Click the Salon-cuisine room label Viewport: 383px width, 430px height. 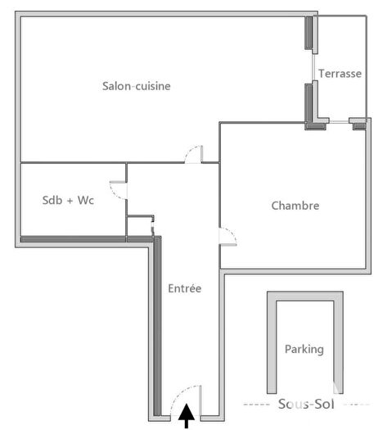click(x=136, y=86)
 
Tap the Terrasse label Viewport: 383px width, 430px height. click(x=340, y=73)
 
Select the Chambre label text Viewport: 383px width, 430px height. click(x=295, y=206)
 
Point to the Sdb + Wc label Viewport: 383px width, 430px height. click(x=68, y=201)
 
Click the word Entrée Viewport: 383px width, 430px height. click(x=184, y=288)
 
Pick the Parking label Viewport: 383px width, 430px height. click(x=304, y=349)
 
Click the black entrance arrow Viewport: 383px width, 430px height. click(x=187, y=416)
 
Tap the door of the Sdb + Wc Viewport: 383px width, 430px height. click(x=119, y=189)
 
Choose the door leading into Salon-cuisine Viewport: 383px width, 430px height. click(x=195, y=154)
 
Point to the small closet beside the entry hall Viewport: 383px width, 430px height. click(x=139, y=226)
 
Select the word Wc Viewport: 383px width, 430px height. click(x=85, y=201)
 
